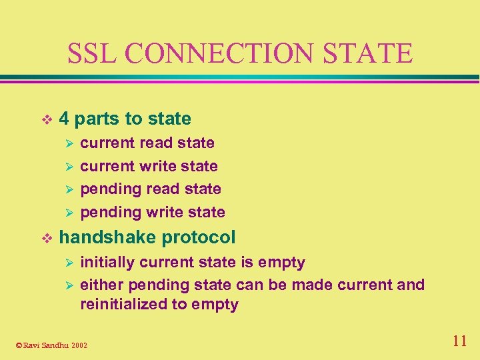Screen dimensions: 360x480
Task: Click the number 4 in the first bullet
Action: click(64, 119)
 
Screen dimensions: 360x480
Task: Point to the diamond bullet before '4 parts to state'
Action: click(45, 119)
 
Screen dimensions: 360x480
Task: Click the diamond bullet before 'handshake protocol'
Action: click(45, 237)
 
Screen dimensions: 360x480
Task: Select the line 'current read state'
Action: click(147, 143)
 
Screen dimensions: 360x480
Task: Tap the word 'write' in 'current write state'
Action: click(159, 166)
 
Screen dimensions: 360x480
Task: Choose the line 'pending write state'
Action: click(153, 212)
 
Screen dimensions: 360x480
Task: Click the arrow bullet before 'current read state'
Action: click(66, 143)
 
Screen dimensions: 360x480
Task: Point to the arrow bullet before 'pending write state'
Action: click(66, 213)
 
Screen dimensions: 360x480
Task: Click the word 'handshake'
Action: click(108, 237)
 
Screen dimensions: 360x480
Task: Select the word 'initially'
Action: click(105, 262)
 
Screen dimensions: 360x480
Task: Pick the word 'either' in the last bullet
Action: click(101, 285)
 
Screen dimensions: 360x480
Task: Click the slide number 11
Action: click(459, 341)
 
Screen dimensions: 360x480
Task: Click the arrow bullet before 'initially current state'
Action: click(66, 263)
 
